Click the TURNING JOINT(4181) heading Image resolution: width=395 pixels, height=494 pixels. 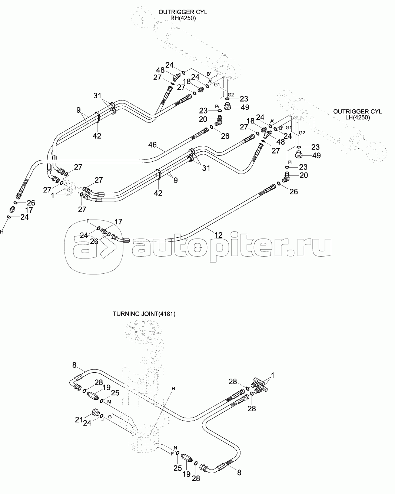pos(144,314)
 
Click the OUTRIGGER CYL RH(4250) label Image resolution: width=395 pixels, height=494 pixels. pos(183,15)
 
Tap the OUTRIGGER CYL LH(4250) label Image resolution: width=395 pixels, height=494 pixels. pos(357,114)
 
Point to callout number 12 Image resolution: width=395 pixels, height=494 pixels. pos(219,235)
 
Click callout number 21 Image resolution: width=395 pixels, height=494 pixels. pos(79,419)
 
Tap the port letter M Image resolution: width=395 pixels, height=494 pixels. pos(109,402)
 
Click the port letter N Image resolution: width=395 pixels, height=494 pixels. pos(175,447)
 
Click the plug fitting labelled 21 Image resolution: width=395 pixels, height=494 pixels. pos(95,412)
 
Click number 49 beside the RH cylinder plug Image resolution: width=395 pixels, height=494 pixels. pos(245,108)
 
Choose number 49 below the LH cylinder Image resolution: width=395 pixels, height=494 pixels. pos(316,155)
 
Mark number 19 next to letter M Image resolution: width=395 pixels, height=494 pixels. pos(107,388)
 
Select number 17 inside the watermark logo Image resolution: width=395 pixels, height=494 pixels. pos(118,222)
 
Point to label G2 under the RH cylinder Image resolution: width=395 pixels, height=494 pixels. pos(230,95)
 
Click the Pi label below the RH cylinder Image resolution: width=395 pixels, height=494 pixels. pos(218,106)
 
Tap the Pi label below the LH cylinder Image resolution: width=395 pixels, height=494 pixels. pos(290,162)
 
